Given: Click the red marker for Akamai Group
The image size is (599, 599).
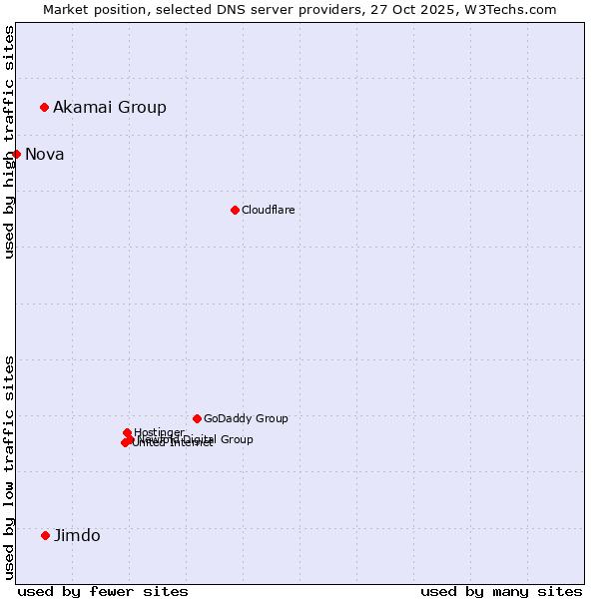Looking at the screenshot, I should click(45, 107).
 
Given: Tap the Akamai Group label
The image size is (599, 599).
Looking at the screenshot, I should click(110, 107).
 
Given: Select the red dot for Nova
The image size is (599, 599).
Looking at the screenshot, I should click(16, 154).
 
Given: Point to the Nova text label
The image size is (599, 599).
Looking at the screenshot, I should click(45, 154).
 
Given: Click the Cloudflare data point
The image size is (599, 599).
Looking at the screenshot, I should click(235, 210).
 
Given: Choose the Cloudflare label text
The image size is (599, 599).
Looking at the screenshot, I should click(268, 210).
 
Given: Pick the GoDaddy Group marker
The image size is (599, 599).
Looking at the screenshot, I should click(197, 418).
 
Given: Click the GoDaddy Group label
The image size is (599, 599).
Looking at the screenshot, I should click(246, 418).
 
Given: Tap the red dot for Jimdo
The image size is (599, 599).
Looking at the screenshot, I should click(45, 535).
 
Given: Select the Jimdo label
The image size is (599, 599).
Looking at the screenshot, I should click(77, 535).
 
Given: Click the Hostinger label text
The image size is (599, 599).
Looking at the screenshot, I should click(159, 432).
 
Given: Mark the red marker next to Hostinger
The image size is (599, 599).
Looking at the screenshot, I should click(127, 432).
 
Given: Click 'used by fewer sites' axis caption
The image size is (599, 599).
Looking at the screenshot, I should click(103, 591).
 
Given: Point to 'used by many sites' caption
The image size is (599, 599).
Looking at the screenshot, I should click(501, 591).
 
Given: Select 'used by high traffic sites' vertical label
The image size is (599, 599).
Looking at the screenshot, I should click(9, 142).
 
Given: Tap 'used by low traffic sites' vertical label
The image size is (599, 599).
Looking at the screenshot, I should click(9, 467).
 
